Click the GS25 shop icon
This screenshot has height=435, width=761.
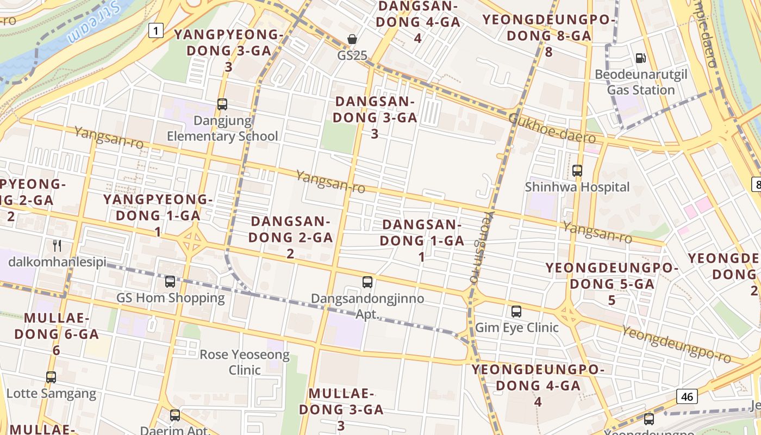(352, 39)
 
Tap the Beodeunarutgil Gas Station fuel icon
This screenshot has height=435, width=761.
(641, 58)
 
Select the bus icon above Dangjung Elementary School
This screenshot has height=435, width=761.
(222, 104)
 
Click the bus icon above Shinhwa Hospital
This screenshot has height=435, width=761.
(577, 171)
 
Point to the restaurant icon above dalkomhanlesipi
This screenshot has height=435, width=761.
(57, 245)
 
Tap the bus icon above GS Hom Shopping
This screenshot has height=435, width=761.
(170, 282)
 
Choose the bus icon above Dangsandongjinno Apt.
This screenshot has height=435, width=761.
(367, 282)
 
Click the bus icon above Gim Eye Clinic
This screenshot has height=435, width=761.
(516, 312)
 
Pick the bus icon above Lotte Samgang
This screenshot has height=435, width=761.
(51, 377)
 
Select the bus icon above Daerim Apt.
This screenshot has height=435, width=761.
(175, 415)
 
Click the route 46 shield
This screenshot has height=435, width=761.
(687, 396)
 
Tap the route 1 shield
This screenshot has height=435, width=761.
(156, 30)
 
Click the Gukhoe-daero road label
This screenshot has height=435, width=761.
(552, 128)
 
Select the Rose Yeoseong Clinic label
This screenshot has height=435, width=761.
(245, 362)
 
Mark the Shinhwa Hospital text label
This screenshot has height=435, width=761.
(577, 187)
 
